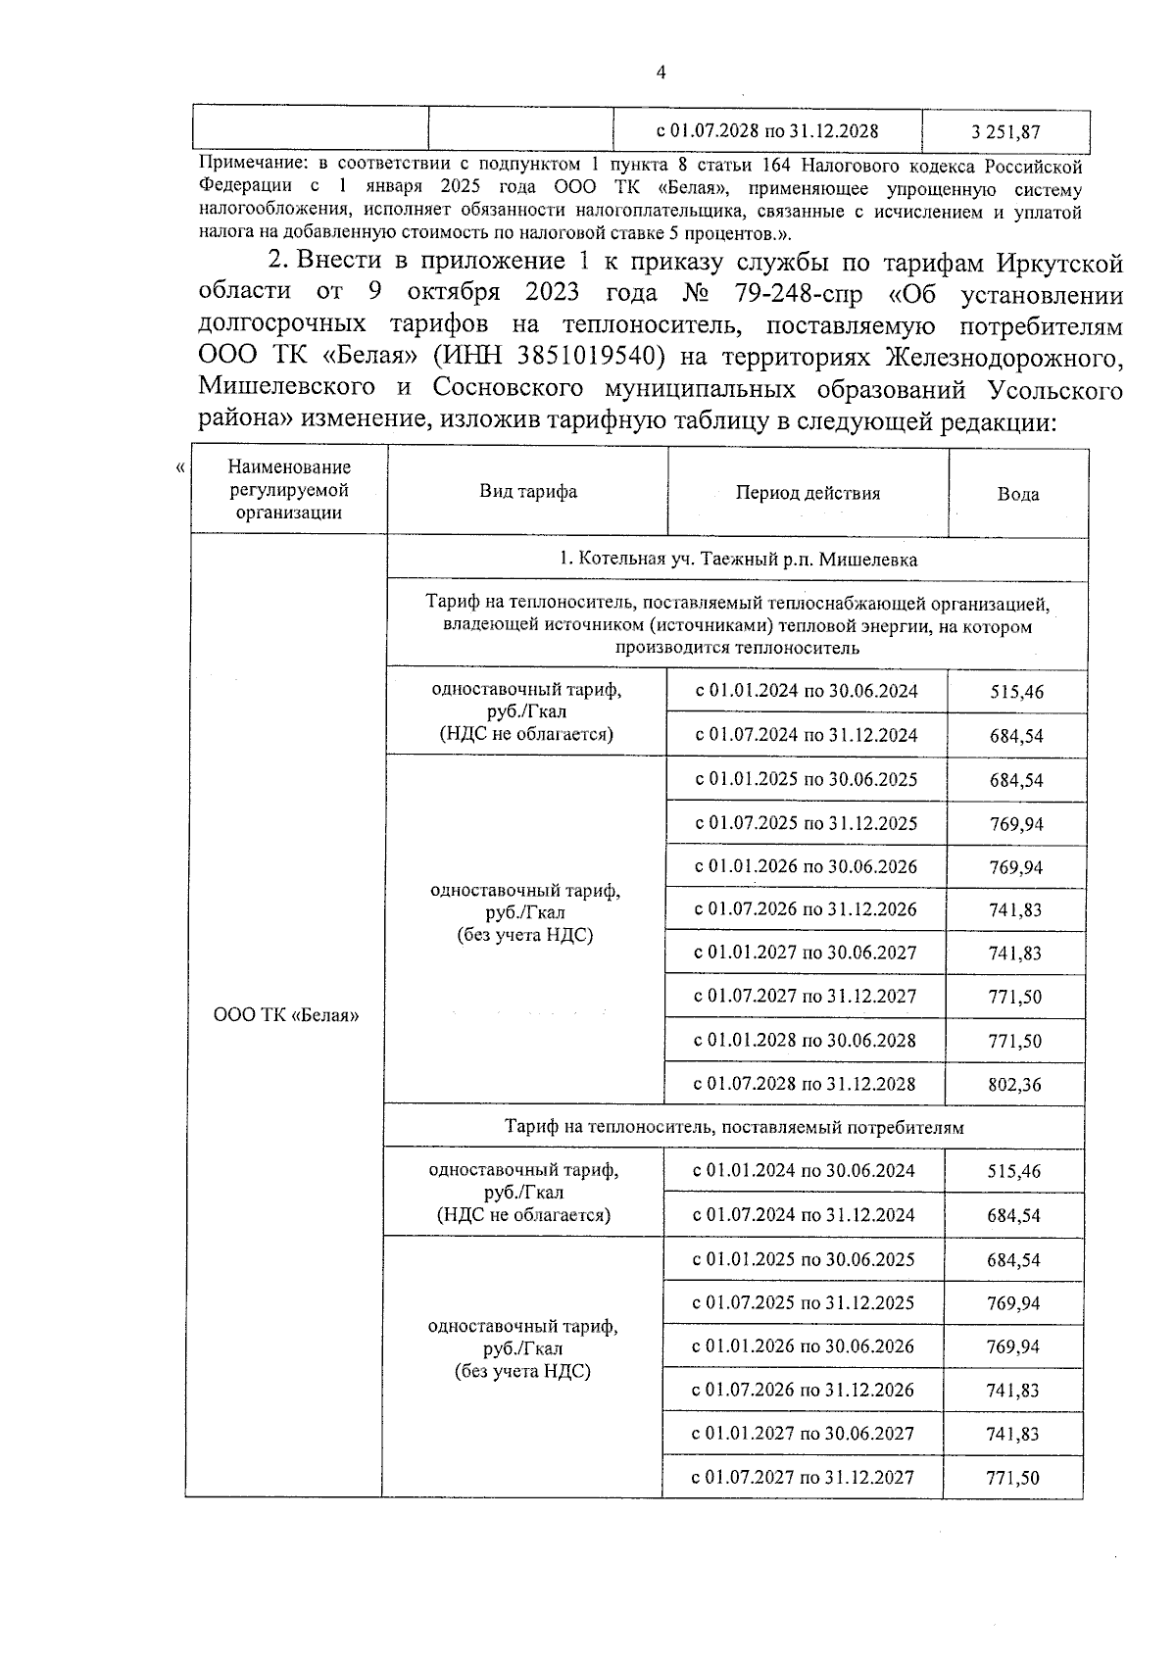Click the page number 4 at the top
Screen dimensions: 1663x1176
[x=661, y=72]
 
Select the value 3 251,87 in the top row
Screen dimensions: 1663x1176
[x=1005, y=131]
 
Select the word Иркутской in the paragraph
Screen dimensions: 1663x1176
[x=1059, y=263]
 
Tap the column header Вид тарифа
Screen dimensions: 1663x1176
[x=527, y=492]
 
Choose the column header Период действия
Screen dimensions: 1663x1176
[x=808, y=493]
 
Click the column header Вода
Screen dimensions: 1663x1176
[x=1018, y=495]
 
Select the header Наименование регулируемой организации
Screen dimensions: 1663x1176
[x=289, y=490]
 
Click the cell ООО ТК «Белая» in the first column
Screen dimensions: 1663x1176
[x=286, y=1015]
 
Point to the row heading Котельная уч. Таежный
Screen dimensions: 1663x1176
[x=737, y=560]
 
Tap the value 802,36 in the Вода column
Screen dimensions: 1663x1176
[x=1014, y=1085]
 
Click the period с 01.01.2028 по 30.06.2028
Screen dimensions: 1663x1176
[x=805, y=1040]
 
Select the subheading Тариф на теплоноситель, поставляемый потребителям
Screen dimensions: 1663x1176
[x=734, y=1127]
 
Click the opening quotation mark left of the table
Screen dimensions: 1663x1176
[x=179, y=468]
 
